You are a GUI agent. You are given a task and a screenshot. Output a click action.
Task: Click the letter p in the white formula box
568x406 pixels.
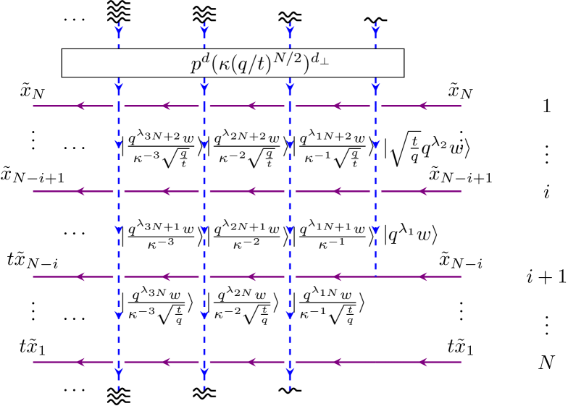pos(196,65)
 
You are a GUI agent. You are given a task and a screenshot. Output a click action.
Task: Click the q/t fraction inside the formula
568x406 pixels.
pos(251,64)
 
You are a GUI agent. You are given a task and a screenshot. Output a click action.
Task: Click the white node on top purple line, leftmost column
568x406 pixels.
pos(119,106)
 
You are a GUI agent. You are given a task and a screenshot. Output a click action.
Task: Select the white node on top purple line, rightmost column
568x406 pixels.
pos(375,106)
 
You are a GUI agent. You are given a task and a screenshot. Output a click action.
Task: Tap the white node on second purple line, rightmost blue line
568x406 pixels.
pos(375,191)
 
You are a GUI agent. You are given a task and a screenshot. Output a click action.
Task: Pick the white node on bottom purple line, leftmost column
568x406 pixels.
pos(119,362)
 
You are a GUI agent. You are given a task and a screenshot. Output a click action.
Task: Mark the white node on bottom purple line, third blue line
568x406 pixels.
pos(290,362)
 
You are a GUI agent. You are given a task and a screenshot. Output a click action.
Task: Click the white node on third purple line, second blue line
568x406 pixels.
pos(204,276)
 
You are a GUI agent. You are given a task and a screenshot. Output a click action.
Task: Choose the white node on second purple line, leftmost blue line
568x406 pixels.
pos(119,191)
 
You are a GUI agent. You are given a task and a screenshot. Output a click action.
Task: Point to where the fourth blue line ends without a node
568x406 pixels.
pos(375,276)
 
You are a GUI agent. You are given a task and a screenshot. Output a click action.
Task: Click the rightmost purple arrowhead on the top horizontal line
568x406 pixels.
pos(424,106)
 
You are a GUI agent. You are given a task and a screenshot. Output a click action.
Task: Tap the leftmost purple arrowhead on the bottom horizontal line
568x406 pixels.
pos(80,362)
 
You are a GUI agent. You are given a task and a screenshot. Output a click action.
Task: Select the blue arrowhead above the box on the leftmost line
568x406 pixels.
pos(119,30)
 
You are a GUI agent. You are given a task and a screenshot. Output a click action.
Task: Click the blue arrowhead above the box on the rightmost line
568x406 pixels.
pos(375,30)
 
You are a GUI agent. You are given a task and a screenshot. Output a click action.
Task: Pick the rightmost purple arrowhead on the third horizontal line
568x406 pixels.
pos(424,276)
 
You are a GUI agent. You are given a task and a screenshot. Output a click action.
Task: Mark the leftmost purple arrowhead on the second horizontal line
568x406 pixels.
pos(80,191)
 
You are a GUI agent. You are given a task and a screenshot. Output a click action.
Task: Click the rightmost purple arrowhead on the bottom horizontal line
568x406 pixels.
pos(424,362)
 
